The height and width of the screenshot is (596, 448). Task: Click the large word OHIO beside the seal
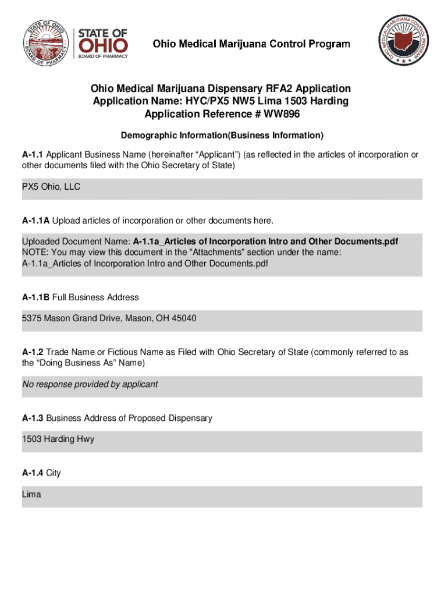(102, 45)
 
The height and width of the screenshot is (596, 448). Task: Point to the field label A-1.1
(33, 155)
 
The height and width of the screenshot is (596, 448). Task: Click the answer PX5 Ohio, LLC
(51, 187)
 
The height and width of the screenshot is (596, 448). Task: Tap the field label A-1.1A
(35, 221)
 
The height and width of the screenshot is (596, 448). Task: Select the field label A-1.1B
(35, 297)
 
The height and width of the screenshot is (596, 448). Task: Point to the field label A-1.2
(33, 352)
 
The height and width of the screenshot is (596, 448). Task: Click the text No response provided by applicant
(90, 384)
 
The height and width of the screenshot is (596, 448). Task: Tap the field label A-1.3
(33, 418)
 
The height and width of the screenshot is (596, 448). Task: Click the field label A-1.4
(33, 473)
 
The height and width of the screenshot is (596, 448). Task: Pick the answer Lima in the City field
(31, 494)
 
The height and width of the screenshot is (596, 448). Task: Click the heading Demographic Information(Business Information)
(222, 136)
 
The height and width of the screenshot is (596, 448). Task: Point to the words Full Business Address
(95, 297)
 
